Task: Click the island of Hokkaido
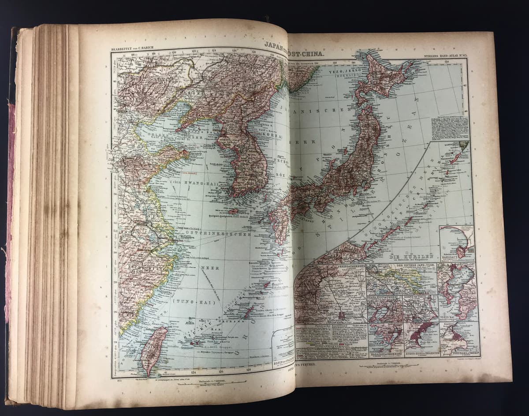[384, 79]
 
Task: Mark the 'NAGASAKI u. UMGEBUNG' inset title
[384, 353]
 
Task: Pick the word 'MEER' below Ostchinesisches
[210, 268]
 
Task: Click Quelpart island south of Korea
[234, 211]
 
